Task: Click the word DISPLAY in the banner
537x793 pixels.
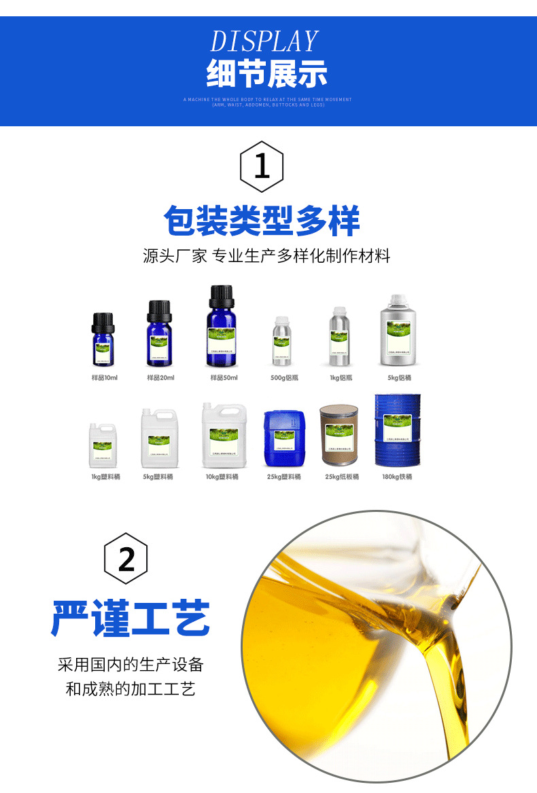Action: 264,41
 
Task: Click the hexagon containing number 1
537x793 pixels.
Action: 262,166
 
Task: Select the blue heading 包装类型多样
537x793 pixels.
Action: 262,221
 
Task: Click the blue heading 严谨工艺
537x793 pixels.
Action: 131,616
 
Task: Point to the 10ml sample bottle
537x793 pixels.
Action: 103,339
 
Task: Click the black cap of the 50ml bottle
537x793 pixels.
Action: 221,297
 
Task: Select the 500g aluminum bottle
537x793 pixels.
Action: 281,342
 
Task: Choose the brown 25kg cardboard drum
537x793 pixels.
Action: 338,437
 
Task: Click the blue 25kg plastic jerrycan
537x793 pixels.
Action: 284,439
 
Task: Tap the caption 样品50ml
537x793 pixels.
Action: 224,377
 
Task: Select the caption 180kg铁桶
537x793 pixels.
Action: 397,477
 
